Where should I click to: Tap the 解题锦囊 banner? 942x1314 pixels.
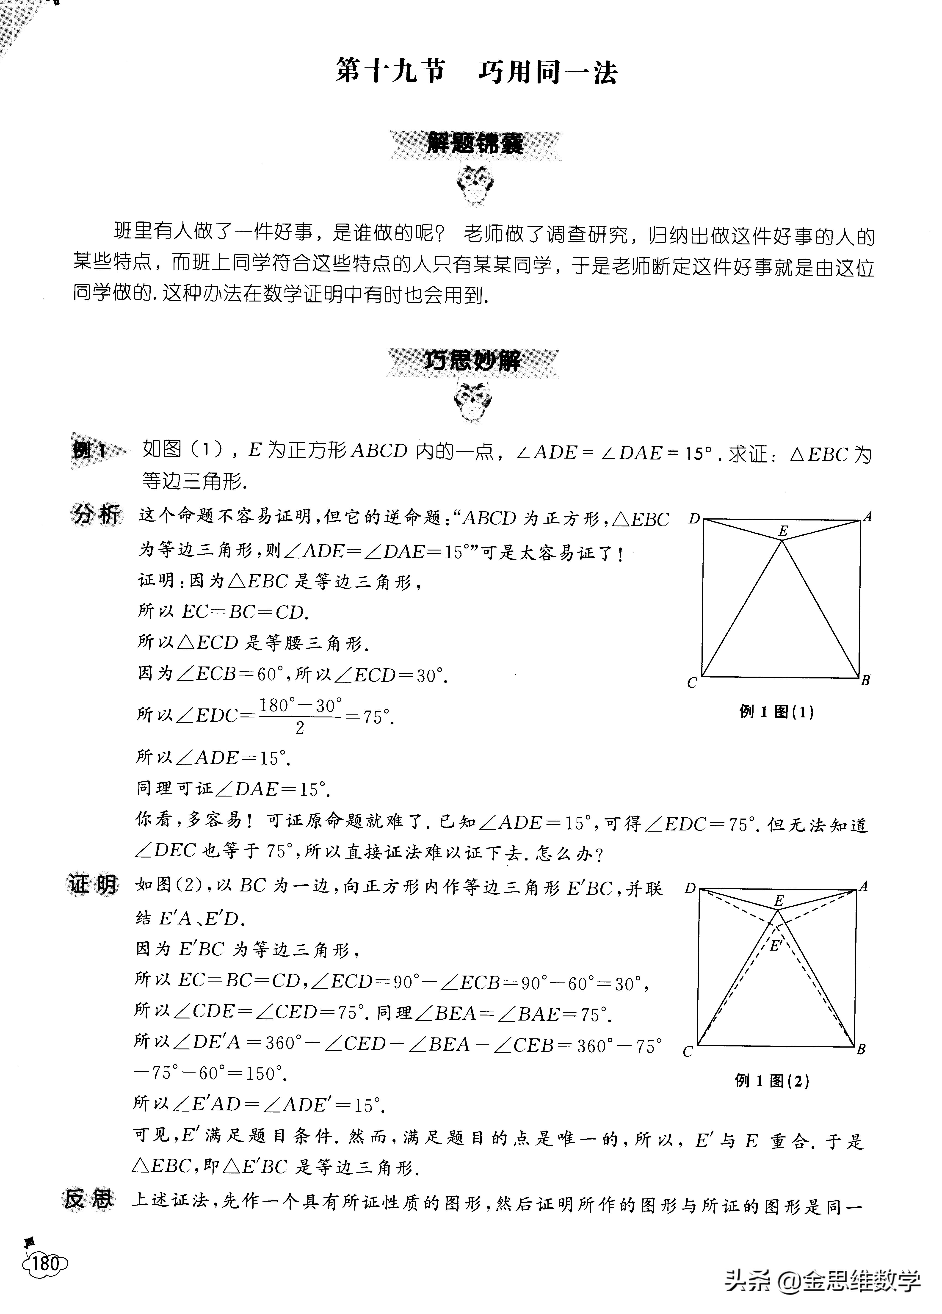coord(475,144)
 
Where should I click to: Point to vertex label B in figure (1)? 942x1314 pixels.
coord(865,681)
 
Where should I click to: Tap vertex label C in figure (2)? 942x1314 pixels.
coord(688,1051)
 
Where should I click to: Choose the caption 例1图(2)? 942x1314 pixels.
coord(772,1081)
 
